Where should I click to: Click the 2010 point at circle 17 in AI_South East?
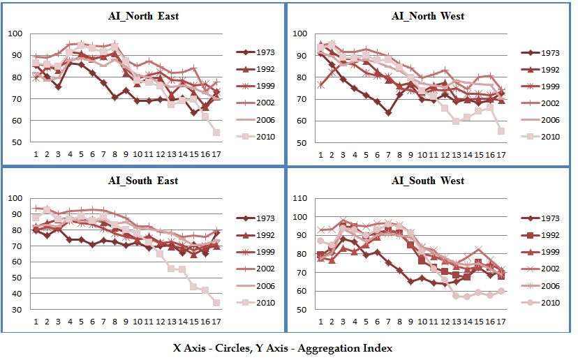point(217,303)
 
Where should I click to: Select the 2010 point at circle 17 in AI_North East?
point(217,132)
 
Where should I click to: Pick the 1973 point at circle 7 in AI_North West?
point(387,112)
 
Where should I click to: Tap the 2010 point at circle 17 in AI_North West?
point(501,130)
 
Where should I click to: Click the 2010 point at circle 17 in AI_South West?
point(501,291)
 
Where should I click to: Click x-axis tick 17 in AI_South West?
point(501,322)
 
